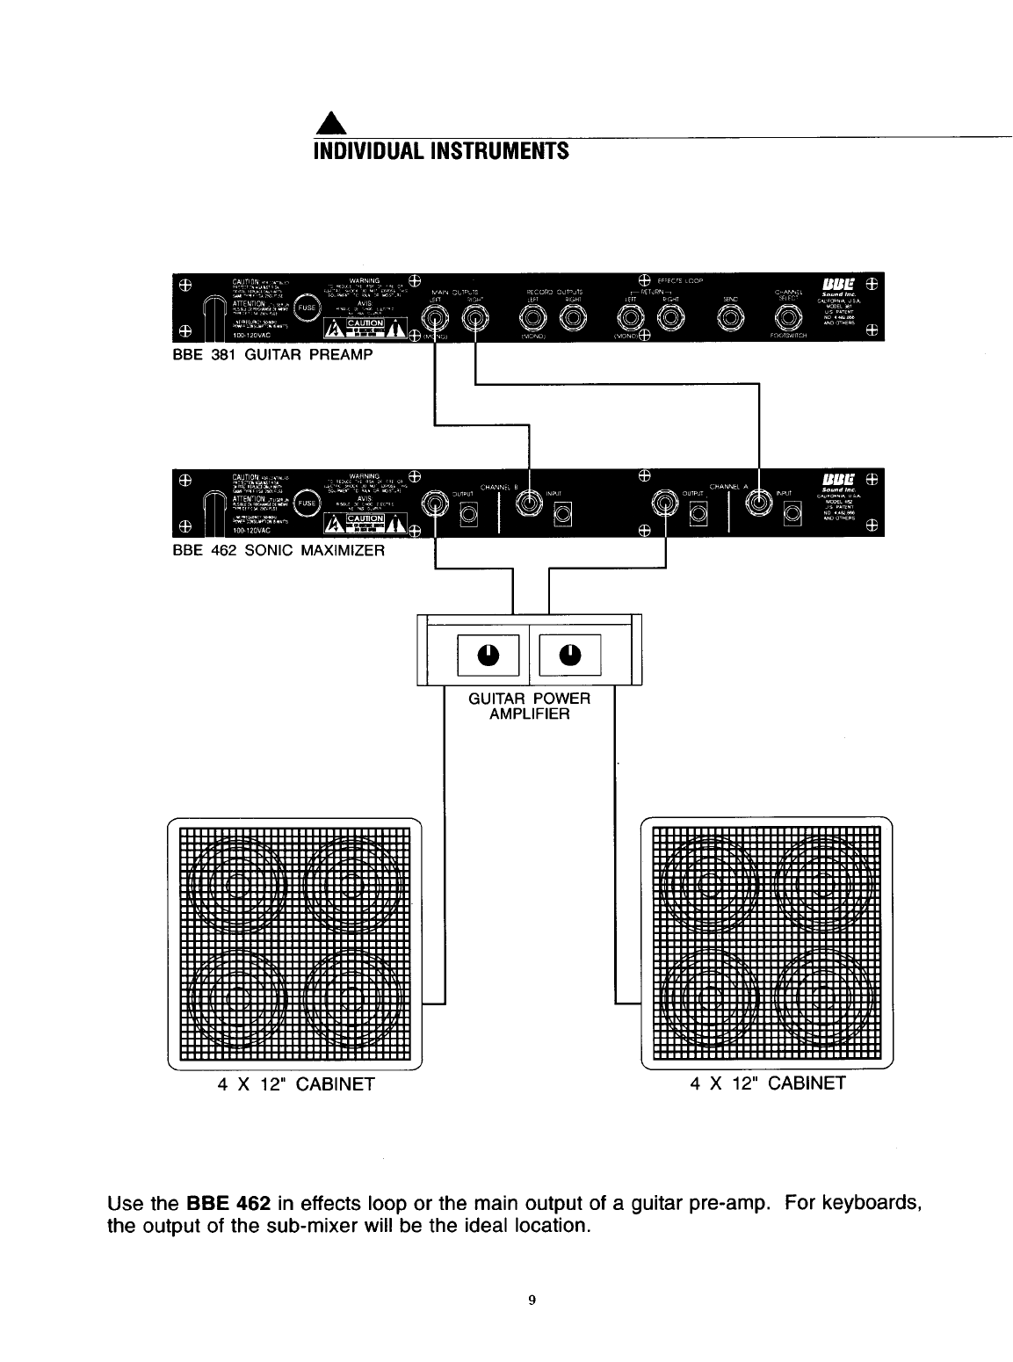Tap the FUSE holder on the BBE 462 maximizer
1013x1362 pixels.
coord(307,504)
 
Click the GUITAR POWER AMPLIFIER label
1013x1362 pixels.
coord(529,706)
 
